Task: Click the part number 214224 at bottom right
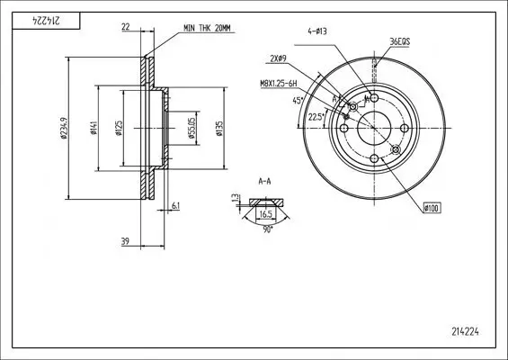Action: [465, 330]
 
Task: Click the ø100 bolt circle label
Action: [431, 209]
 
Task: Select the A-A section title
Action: [265, 181]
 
